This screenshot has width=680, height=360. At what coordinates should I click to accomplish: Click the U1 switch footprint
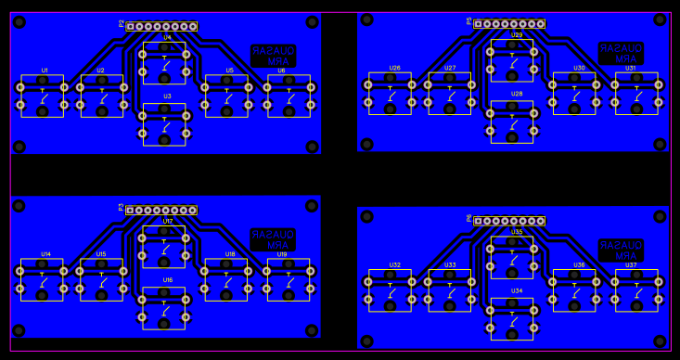tap(43, 96)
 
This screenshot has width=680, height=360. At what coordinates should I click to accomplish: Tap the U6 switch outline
tap(289, 96)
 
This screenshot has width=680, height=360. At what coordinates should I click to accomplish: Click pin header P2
tap(161, 26)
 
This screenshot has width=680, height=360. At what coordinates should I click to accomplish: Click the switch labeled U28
tap(512, 122)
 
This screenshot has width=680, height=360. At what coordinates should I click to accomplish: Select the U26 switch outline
tap(390, 94)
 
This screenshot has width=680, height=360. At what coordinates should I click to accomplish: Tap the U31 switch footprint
tap(636, 94)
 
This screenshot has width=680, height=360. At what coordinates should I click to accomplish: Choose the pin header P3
tap(161, 210)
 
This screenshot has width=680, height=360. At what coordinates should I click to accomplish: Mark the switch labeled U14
tap(43, 280)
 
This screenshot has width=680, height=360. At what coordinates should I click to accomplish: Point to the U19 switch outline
tap(289, 280)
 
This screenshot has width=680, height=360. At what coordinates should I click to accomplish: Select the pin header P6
tap(509, 221)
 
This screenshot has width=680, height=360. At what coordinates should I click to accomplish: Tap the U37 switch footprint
tap(636, 290)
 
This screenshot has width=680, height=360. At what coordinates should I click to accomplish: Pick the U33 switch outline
tap(450, 290)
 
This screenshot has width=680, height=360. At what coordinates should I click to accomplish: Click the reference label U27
tap(450, 68)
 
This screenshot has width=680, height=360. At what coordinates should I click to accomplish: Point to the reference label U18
tap(230, 253)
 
